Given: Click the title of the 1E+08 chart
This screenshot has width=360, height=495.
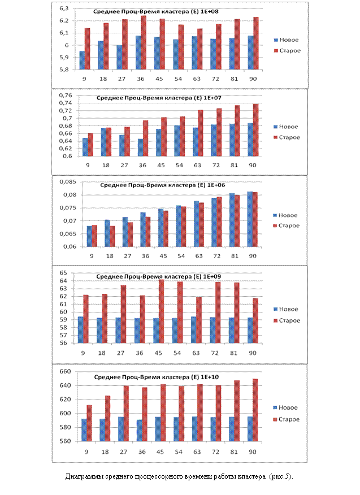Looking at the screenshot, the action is pos(155,12).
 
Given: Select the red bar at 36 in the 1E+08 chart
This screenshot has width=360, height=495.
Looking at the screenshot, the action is pos(144,42).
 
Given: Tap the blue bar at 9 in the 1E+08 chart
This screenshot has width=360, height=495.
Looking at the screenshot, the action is pos(82,60).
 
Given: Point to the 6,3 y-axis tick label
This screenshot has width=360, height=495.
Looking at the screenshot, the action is pos(64,8).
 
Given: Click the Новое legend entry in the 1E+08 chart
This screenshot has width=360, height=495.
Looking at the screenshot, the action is pos(286,40).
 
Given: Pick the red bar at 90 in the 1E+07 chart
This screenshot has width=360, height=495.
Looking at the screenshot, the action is pos(256,130).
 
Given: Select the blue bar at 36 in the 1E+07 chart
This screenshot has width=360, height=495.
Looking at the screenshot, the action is pos(140,147).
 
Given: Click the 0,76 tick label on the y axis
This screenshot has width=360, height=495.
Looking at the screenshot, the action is pos(66,95).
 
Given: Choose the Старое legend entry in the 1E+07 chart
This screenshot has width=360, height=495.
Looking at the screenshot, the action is pos(287,137).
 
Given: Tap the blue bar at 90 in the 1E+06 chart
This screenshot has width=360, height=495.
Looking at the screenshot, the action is pos(250,219).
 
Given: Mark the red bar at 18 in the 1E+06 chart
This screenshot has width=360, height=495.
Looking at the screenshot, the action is pos(112,236).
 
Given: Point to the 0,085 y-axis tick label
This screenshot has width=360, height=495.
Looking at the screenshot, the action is pos(68,182).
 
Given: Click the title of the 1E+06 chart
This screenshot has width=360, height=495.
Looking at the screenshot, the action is pos(163,185).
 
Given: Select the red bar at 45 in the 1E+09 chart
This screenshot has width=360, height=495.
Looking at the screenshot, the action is pos(162,311).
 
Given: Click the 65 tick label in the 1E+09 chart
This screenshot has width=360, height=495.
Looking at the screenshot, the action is pos(63,273).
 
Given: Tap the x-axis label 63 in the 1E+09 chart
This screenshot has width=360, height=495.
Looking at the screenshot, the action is pos(196,353).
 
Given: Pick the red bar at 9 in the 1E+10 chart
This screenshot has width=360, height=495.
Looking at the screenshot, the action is pos(89,423).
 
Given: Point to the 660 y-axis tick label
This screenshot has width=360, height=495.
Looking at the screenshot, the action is pos(65,372).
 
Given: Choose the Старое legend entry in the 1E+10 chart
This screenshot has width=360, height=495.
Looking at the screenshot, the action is pos(287,419).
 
